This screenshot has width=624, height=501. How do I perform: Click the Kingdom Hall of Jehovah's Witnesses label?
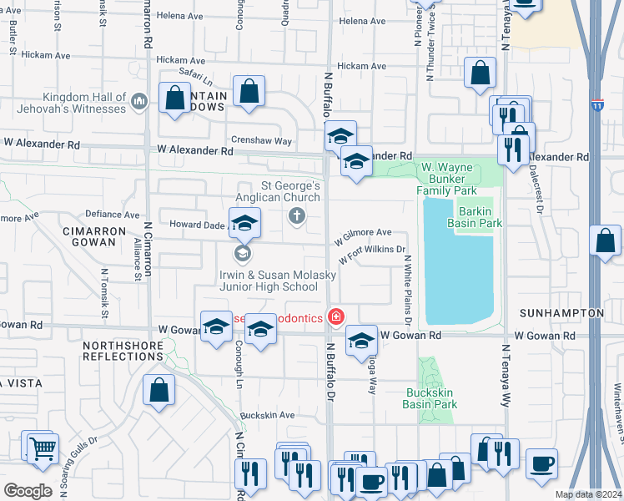pyautogui.click(x=73, y=103)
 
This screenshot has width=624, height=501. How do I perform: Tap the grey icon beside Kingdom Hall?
pyautogui.click(x=138, y=102)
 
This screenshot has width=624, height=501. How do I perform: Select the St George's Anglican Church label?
pyautogui.click(x=291, y=191)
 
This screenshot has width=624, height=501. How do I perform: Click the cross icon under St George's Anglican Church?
pyautogui.click(x=296, y=217)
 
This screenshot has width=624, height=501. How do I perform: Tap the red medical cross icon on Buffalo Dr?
pyautogui.click(x=336, y=316)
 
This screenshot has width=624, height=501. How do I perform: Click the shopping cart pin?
pyautogui.click(x=43, y=449)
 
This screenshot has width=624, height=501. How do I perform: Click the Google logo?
pyautogui.click(x=28, y=490)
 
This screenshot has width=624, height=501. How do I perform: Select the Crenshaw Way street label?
pyautogui.click(x=261, y=142)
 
